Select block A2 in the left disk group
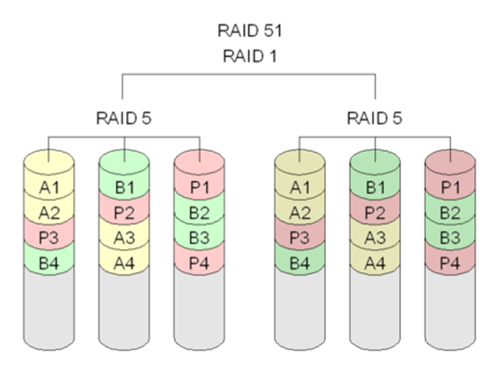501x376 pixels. click(49, 214)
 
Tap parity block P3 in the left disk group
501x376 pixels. click(49, 238)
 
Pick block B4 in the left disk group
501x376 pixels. click(49, 262)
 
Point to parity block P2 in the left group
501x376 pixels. click(124, 214)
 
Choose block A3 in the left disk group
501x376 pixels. click(124, 238)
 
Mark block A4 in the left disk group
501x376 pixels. click(124, 262)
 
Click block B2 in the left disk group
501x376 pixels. click(199, 214)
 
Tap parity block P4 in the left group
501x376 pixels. click(199, 262)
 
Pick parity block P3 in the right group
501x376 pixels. click(300, 238)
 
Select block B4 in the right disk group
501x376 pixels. click(300, 262)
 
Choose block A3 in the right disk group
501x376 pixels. click(375, 238)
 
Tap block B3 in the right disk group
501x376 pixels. click(450, 238)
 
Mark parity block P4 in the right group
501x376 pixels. click(450, 262)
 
